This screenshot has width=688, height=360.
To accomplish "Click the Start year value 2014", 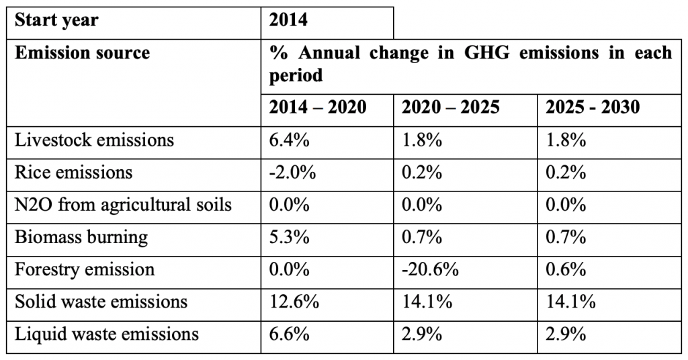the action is (288, 20).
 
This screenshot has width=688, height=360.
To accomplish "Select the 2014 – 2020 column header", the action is (318, 107).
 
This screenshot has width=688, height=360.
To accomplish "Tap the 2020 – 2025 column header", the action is (451, 107).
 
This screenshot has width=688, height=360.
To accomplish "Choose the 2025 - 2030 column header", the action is (593, 107).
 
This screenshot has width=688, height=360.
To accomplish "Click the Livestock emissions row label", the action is (94, 140).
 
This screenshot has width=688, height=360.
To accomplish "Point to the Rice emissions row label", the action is (74, 173).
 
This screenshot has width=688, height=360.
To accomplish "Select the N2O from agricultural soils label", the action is (124, 206).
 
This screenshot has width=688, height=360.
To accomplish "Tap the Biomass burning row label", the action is (81, 238).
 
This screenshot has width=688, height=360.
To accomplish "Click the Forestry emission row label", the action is (85, 270).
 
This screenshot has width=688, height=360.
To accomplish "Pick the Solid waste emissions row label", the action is (101, 302).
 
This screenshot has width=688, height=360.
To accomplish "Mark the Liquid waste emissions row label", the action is (107, 334).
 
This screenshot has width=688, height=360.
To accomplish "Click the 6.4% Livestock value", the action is (289, 140).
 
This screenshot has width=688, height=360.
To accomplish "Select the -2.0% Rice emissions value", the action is (292, 173).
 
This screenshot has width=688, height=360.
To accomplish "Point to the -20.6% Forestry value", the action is (430, 269).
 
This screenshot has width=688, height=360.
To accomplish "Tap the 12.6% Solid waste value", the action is (294, 302).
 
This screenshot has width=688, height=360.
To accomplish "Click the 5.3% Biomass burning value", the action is (289, 237).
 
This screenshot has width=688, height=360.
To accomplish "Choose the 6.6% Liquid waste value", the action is (289, 334).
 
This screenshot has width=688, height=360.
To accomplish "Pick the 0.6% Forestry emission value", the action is (566, 269).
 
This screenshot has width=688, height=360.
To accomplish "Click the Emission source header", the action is (83, 53).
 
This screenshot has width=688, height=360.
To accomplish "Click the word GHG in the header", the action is (487, 53).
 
